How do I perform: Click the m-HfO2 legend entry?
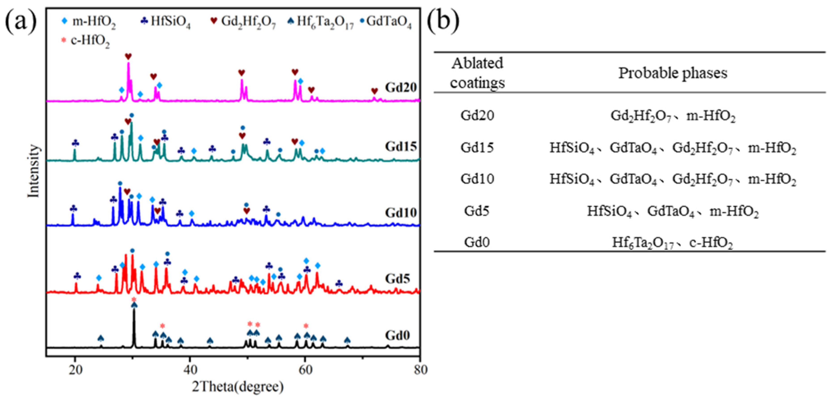tap(89, 22)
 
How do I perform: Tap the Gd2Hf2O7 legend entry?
tap(243, 22)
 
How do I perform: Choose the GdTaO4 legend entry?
tap(386, 22)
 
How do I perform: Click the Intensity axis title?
tap(33, 171)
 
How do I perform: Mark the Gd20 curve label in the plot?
tap(400, 88)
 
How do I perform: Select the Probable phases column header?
tap(673, 73)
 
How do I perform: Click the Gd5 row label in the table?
tap(477, 211)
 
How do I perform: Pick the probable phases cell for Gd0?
tap(673, 242)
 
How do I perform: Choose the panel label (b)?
tap(443, 20)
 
